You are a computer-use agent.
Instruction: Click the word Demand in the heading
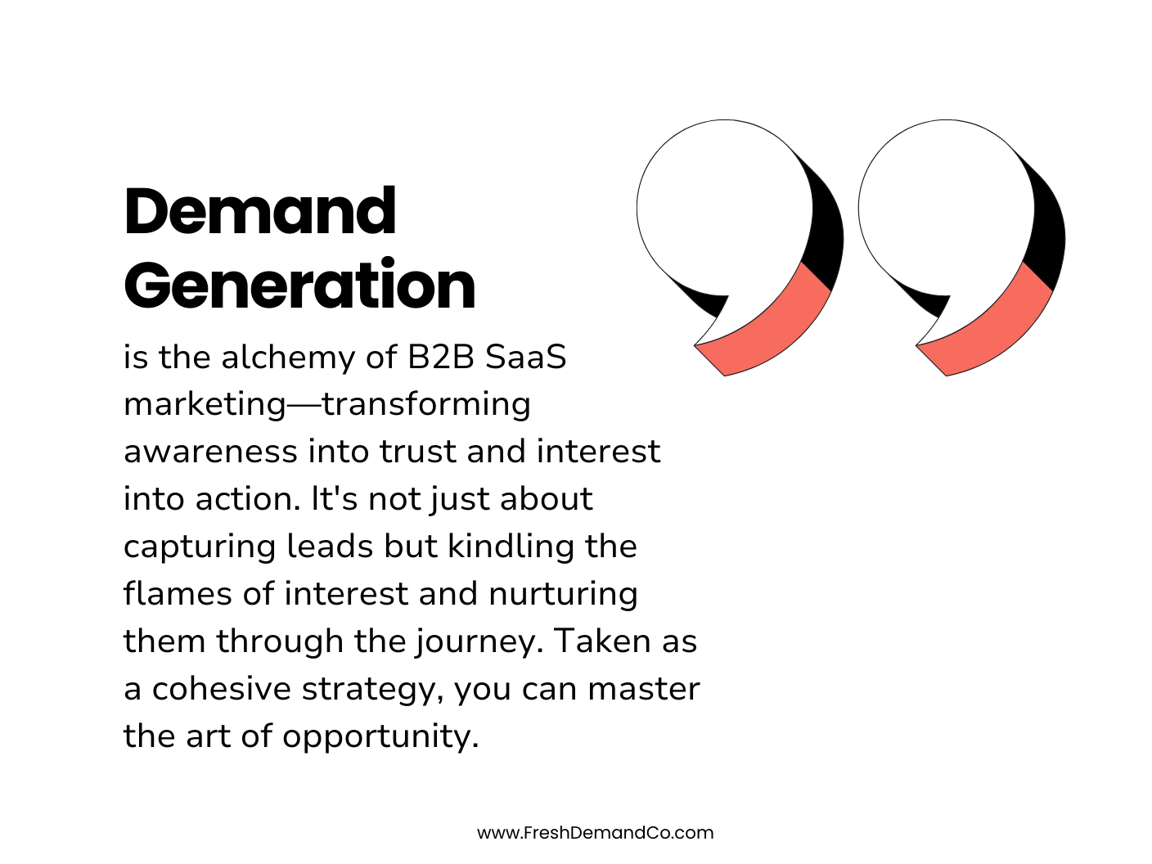pyautogui.click(x=260, y=211)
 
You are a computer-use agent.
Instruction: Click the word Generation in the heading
pyautogui.click(x=299, y=286)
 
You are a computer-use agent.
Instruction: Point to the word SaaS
pyautogui.click(x=525, y=357)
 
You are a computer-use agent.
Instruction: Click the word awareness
pyautogui.click(x=210, y=452)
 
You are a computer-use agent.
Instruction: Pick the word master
pyautogui.click(x=643, y=689)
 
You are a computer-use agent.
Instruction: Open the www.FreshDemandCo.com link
pyautogui.click(x=595, y=833)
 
